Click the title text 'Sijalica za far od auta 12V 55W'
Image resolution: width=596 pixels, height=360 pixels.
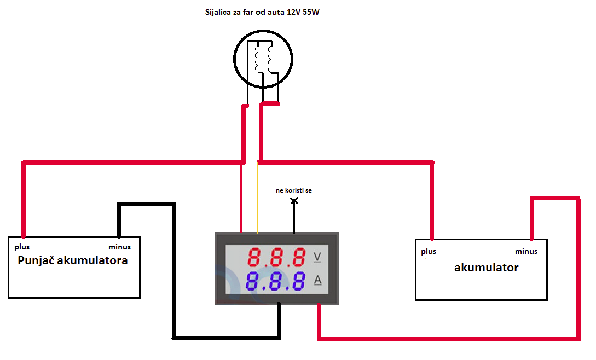[x=262, y=11]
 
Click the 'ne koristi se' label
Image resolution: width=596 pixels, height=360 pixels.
[x=294, y=190]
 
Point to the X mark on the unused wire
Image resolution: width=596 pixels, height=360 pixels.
[x=294, y=201]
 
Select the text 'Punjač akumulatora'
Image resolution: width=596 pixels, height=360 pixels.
[x=73, y=260]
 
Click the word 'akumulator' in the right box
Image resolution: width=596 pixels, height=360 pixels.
[x=487, y=268]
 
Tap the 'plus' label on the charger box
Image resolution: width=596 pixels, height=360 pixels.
[x=22, y=247]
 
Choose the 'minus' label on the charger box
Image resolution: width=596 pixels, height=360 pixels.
[x=119, y=247]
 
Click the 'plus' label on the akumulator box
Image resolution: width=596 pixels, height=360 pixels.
[x=429, y=252]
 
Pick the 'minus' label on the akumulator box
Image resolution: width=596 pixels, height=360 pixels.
[x=526, y=252]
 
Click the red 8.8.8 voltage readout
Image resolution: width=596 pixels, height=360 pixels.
[x=276, y=257]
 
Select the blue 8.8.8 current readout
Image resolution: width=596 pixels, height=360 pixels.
[x=276, y=281]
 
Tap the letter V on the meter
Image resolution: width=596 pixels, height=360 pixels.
[x=317, y=257]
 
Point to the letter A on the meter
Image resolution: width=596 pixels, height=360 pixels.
[x=317, y=281]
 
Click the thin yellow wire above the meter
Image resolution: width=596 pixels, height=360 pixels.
[x=257, y=197]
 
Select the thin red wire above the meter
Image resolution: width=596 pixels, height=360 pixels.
[x=241, y=197]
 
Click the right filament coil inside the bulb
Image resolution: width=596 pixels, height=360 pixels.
[x=270, y=58]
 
